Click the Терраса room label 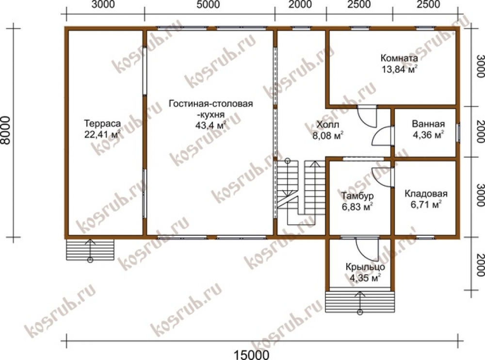[102, 124]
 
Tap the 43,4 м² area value [210, 125]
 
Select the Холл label [328, 125]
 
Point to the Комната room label [399, 58]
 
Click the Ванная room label [428, 124]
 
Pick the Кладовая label [426, 194]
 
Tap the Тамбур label [357, 196]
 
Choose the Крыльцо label [365, 267]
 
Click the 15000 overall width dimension [251, 355]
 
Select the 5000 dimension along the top [208, 5]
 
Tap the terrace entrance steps [90, 250]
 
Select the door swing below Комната [367, 116]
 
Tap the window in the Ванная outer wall [459, 132]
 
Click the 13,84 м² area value [399, 69]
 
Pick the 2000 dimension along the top [300, 5]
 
